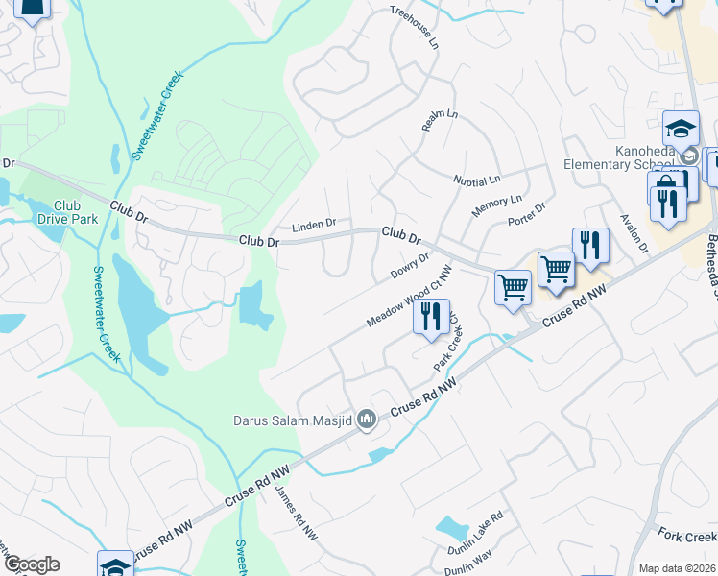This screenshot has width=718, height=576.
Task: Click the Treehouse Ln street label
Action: (414, 28)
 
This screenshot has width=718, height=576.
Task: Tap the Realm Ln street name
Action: (441, 120)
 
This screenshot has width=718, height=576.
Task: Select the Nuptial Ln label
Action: (477, 180)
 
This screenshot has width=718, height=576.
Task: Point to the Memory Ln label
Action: (496, 205)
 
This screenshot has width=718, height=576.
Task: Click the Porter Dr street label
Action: (526, 215)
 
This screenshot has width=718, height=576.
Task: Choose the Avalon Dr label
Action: (635, 234)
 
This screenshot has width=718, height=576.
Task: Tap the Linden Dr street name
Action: (314, 224)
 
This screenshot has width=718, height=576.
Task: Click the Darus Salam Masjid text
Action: (292, 420)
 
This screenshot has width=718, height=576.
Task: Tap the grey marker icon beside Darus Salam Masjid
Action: (366, 420)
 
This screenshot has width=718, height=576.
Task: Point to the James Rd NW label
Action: (296, 514)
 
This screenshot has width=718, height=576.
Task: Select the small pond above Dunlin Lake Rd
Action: (450, 527)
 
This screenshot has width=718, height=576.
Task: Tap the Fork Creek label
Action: (687, 535)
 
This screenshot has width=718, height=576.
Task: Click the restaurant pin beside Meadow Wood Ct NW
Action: (431, 317)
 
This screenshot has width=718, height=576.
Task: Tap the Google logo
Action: (31, 564)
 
